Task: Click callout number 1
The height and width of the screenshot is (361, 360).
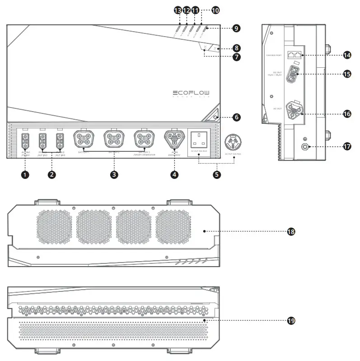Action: click(25, 174)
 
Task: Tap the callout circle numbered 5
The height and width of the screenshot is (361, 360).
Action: click(217, 174)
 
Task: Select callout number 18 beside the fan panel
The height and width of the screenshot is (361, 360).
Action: click(291, 231)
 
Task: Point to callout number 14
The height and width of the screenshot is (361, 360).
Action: click(347, 55)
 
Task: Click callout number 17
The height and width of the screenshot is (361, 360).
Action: click(347, 146)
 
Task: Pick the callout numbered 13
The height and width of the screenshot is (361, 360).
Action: click(178, 9)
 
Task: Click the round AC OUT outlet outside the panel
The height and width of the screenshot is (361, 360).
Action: click(234, 141)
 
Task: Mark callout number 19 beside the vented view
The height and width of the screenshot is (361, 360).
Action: click(291, 320)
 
